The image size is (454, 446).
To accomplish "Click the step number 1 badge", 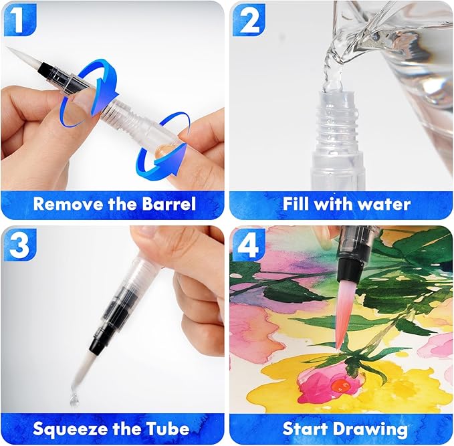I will click(x=17, y=19).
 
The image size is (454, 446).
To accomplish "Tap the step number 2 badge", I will click(x=248, y=19).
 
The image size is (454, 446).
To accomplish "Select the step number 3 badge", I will click(x=17, y=245).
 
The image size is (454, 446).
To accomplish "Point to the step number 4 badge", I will click(x=248, y=245).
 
